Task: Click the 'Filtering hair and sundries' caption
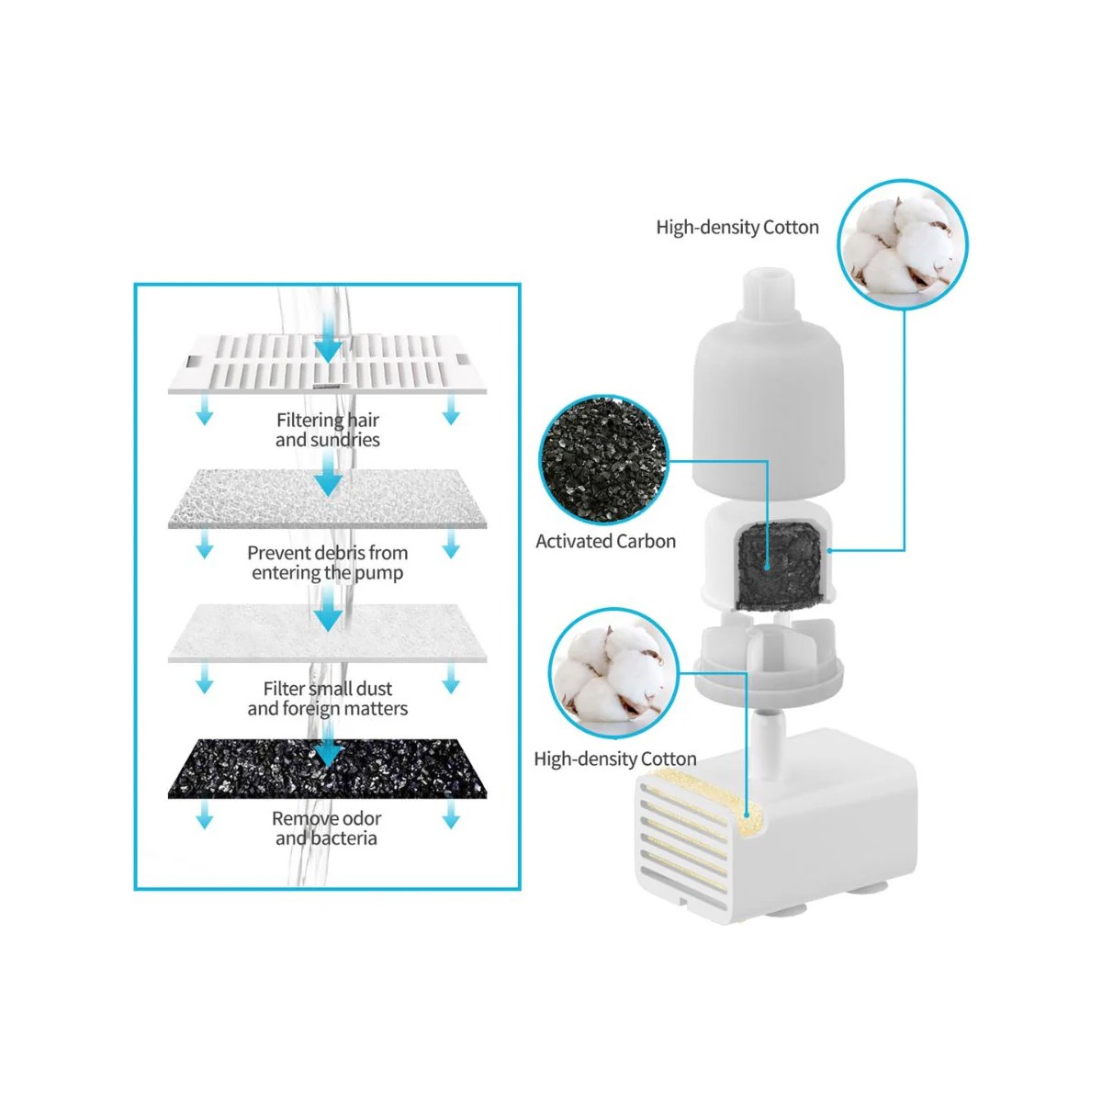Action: (x=327, y=430)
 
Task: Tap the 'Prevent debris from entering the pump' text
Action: (x=327, y=563)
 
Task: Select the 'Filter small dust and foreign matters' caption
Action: (x=327, y=698)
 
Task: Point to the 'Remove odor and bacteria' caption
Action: (x=326, y=827)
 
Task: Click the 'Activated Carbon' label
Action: (x=605, y=542)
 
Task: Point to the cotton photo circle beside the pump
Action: (x=613, y=673)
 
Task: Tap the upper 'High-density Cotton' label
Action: (x=737, y=228)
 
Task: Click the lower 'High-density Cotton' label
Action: (x=614, y=759)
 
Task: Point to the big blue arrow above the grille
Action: (x=328, y=340)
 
